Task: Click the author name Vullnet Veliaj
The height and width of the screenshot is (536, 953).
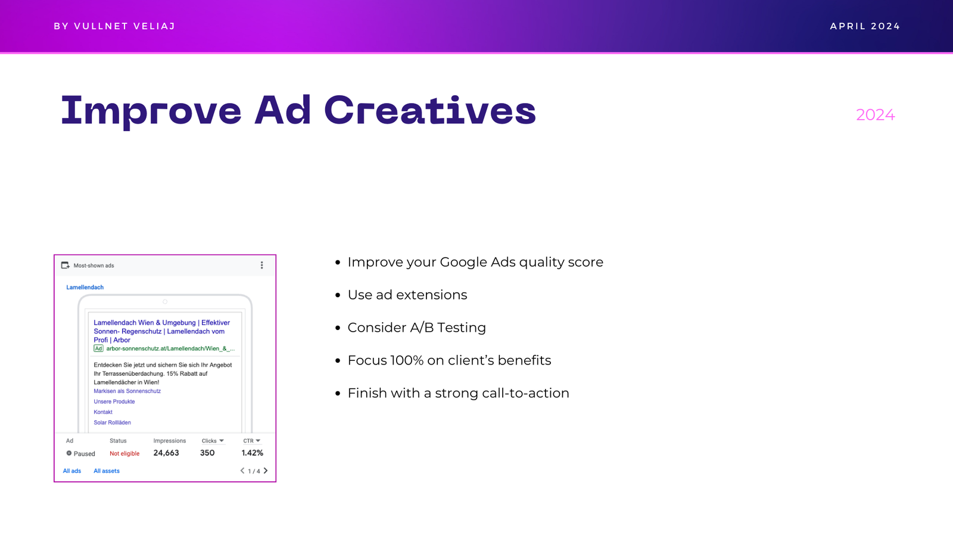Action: tap(124, 26)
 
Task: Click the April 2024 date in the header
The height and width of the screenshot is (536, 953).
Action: tap(865, 26)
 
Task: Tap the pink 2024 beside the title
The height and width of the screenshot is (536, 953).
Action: tap(875, 115)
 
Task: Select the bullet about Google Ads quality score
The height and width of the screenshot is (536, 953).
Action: tap(475, 262)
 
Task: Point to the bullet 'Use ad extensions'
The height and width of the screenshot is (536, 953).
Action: tap(407, 295)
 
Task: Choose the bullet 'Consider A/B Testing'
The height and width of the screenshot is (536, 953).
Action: tap(416, 328)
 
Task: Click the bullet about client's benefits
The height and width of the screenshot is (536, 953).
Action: tap(449, 360)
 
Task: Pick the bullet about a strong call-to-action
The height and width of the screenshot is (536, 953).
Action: tap(458, 393)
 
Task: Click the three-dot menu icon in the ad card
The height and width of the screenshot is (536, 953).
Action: tap(261, 266)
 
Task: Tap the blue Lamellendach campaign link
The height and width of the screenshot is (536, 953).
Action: tap(85, 287)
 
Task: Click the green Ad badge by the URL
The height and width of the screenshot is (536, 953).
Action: tap(98, 348)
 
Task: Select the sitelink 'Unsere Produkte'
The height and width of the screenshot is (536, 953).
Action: tap(114, 401)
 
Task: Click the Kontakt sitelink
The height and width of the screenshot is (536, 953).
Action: tap(103, 412)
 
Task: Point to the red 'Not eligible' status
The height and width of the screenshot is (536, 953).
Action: tap(124, 453)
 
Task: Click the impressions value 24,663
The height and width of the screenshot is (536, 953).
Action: tap(166, 453)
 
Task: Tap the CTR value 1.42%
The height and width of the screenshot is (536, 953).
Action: tap(253, 453)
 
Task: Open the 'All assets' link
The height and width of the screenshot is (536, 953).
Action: tap(107, 471)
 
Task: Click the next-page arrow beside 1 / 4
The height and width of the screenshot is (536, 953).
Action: tap(266, 470)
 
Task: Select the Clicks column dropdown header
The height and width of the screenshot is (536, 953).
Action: tap(212, 441)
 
